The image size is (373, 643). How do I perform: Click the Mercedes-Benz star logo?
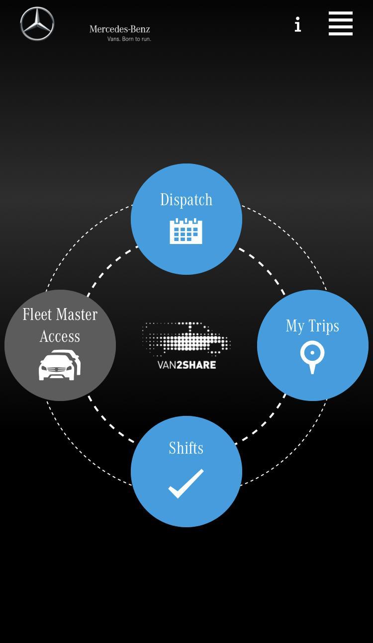coord(37,24)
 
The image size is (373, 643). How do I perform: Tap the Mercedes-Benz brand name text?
coord(119,29)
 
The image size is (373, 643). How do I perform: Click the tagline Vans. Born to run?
coord(129,39)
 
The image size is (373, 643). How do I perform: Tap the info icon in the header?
coord(297,24)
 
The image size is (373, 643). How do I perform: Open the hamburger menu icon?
coord(341,23)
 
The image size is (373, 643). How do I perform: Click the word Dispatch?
coord(186,200)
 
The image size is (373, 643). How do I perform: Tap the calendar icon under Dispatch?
coord(186,231)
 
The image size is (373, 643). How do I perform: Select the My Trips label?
coord(312,326)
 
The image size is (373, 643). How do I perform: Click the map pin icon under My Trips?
coord(312,357)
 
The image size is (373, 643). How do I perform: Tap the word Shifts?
coord(186,448)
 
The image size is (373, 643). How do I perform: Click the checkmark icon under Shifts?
coord(186,483)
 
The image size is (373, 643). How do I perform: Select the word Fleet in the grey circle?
coord(37,315)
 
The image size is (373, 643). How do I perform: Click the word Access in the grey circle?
coord(60,336)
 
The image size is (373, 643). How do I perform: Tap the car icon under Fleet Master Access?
coord(60,365)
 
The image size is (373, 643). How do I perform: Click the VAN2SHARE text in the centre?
coord(186,365)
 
